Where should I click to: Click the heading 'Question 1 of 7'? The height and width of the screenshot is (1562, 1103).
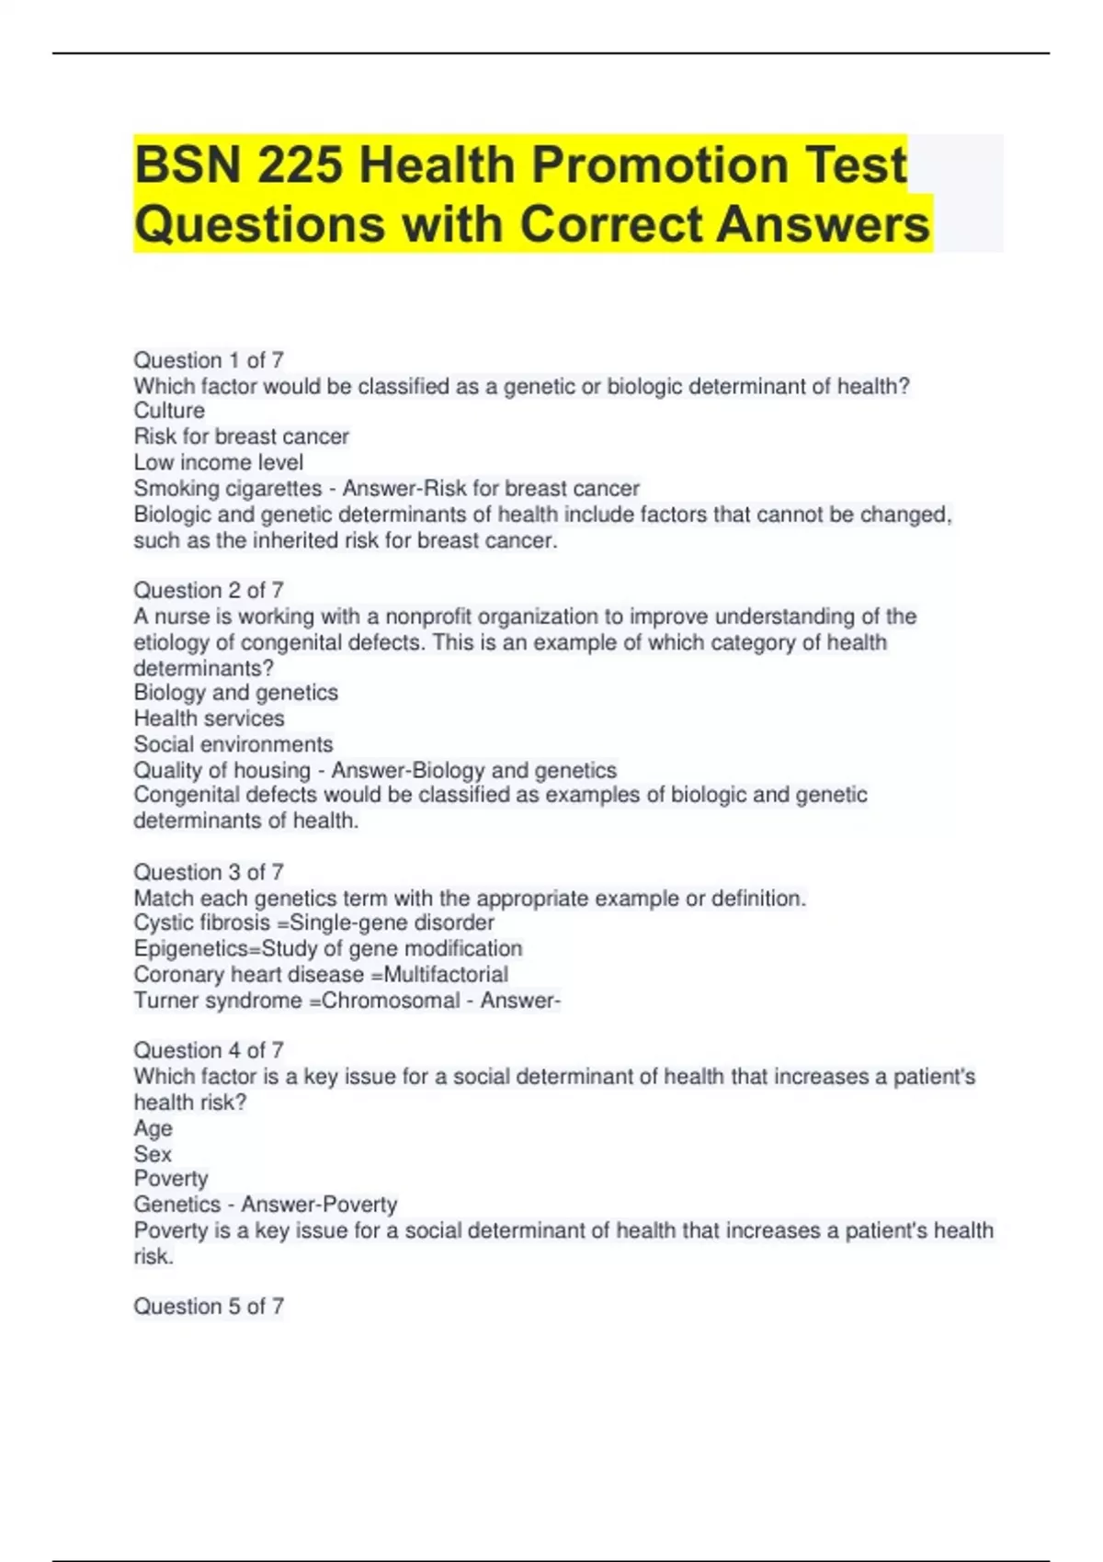click(209, 360)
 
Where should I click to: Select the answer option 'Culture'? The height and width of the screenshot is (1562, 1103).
click(169, 411)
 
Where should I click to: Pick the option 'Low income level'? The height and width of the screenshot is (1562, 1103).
click(219, 462)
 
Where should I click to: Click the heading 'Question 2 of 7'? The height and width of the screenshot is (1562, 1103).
click(209, 590)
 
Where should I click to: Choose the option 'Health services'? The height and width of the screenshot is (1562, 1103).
click(210, 719)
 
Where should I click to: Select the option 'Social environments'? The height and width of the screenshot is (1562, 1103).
click(233, 744)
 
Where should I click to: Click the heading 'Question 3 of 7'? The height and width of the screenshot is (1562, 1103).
click(209, 872)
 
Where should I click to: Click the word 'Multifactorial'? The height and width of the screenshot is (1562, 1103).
click(446, 975)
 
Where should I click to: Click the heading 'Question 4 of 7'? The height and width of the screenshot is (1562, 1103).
click(209, 1050)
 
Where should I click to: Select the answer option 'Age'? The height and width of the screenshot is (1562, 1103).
click(154, 1128)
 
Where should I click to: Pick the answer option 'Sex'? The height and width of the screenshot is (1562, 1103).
click(153, 1154)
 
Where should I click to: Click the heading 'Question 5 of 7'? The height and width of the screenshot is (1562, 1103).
click(209, 1307)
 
